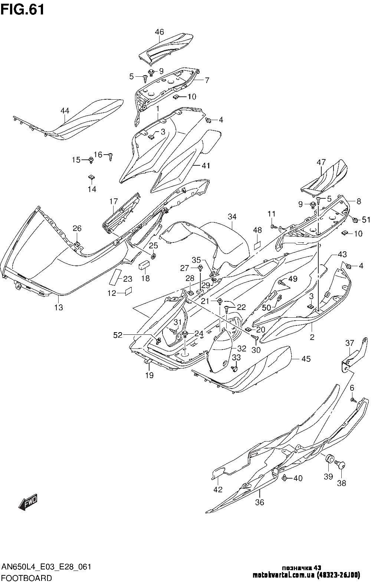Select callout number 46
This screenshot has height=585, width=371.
[x=159, y=32]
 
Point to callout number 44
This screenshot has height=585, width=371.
[x=65, y=110]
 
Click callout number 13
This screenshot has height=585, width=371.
[x=59, y=307]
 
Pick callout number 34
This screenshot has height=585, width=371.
[x=232, y=217]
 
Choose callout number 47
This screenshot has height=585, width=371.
[x=321, y=162]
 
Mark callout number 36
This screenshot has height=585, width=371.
[x=259, y=503]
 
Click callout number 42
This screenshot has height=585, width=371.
[x=218, y=489]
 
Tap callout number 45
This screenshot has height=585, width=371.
[x=306, y=358]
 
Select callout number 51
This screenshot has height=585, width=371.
[x=366, y=220]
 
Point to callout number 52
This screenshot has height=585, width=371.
[x=118, y=335]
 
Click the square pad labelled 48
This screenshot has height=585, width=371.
[x=258, y=245]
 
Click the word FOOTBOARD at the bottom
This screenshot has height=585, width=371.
[x=27, y=578]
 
